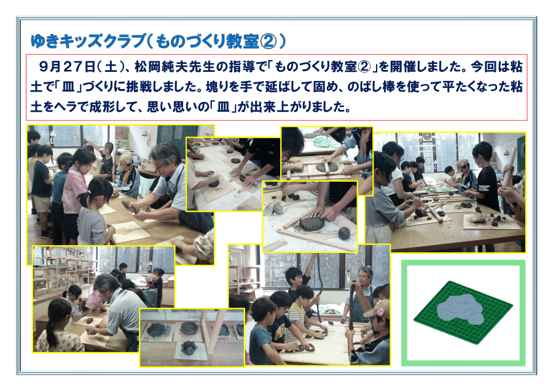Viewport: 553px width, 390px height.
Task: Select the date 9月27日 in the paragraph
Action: pyautogui.click(x=68, y=67)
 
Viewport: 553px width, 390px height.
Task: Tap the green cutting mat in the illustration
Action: pyautogui.click(x=463, y=312)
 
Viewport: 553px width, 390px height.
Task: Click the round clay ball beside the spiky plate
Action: pyautogui.click(x=344, y=233)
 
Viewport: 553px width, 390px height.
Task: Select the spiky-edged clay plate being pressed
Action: pyautogui.click(x=312, y=223)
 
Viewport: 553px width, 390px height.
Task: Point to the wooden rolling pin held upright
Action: pyautogui.click(x=509, y=168)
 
